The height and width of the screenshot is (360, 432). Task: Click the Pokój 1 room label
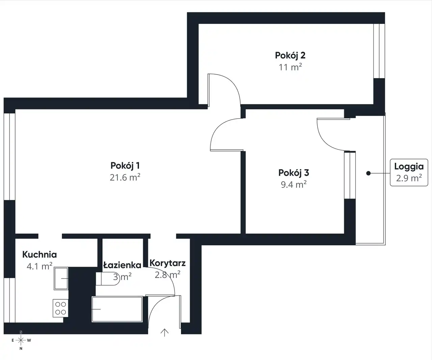pos(125,165)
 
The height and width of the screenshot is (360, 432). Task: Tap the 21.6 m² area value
pos(125,177)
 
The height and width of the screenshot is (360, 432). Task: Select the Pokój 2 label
pos(290,55)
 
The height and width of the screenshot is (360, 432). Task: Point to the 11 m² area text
pos(290,67)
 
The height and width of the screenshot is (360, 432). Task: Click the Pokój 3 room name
pos(294,173)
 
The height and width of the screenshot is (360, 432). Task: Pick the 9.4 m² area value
pos(294,184)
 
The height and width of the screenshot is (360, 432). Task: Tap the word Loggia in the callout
pos(409,167)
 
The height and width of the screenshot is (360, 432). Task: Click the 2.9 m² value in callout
pos(409,178)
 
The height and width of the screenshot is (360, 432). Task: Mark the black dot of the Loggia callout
pos(368,173)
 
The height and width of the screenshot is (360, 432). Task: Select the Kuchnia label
pos(39,255)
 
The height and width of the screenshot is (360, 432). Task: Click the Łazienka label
pos(122,265)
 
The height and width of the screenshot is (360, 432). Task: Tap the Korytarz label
pos(168,263)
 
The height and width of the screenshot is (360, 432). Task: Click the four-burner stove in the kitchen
pos(61,308)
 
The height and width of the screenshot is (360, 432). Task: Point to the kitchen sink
pos(61,278)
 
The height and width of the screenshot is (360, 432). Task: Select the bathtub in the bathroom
pos(117,309)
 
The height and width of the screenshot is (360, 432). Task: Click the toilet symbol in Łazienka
pos(107,279)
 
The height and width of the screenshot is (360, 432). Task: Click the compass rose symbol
pos(21,340)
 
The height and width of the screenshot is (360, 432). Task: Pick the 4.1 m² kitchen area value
pos(39,266)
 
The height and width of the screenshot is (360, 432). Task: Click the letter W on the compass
pos(29,340)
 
